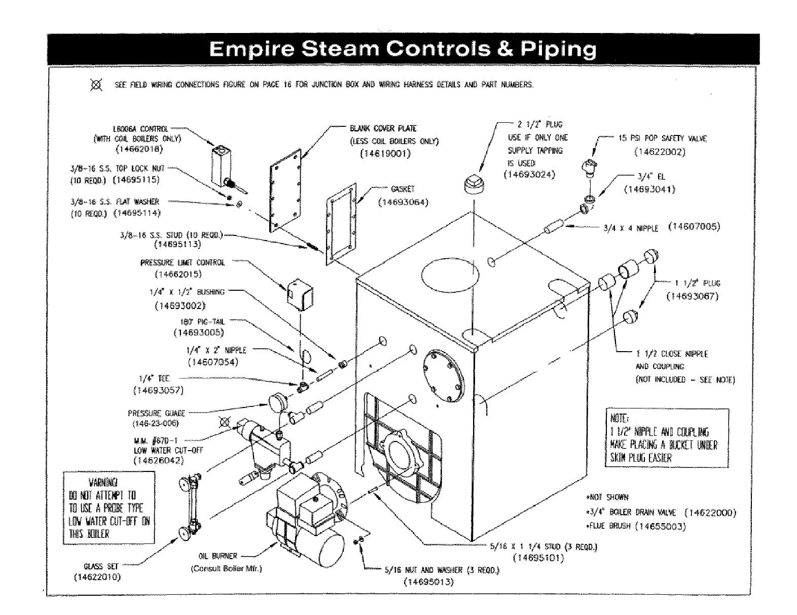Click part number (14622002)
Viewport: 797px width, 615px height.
coord(660,151)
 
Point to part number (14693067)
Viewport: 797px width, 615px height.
coord(693,296)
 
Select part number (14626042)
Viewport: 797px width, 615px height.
coord(158,460)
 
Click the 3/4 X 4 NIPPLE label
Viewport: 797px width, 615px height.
coord(631,228)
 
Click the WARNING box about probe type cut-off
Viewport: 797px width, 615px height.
coord(109,507)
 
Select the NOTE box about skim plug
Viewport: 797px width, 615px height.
coord(666,438)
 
